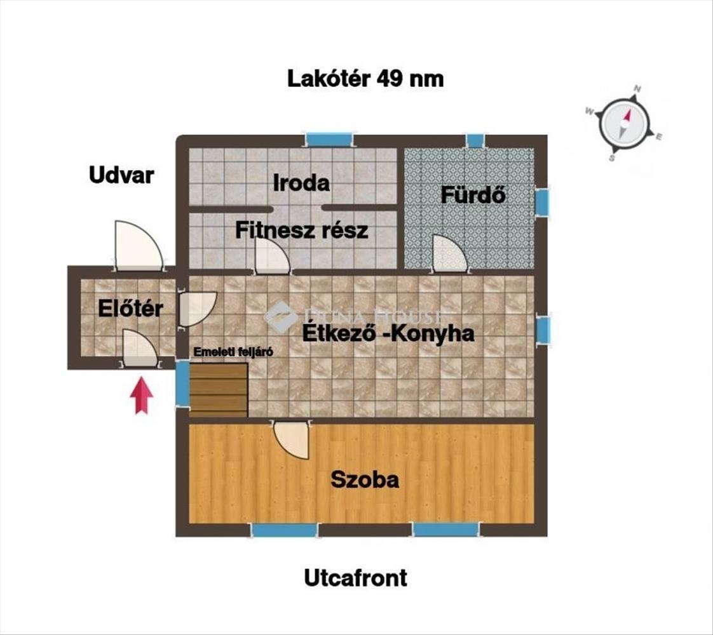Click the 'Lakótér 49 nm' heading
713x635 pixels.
point(365,79)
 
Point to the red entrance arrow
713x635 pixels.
point(142,396)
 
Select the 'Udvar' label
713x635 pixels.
point(121,175)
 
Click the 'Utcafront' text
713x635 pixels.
point(355,578)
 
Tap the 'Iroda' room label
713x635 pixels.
point(301,183)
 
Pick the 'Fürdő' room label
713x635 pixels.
point(473,195)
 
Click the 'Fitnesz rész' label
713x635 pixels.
point(301,230)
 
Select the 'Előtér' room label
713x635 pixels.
point(130,309)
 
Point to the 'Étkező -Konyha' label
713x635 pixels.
point(388,333)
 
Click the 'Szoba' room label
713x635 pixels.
point(365,479)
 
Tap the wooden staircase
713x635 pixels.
point(218,390)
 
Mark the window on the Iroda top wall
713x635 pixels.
point(329,139)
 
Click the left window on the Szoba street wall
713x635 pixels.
point(284,530)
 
